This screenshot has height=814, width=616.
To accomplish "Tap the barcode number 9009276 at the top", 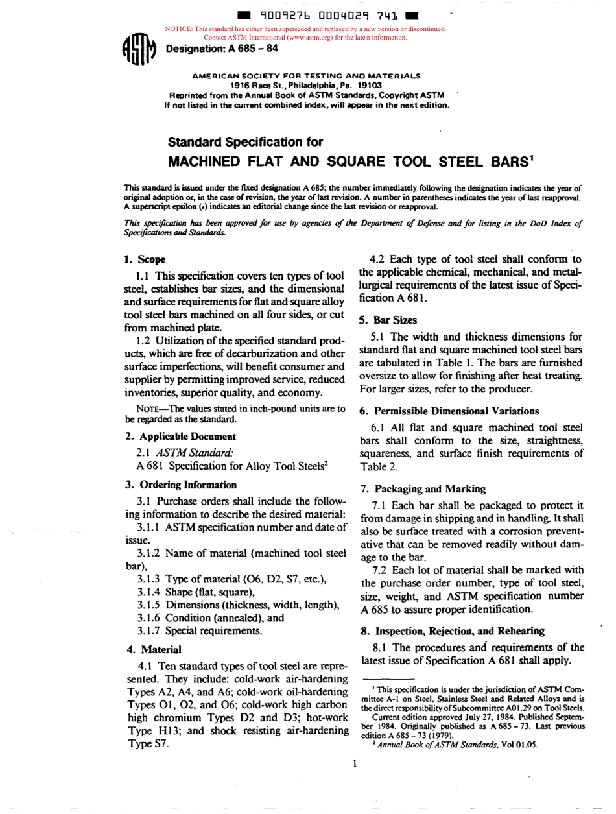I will coord(270,15).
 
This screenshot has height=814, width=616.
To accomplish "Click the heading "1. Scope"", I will coord(139,259).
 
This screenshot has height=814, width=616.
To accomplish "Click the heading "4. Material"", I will coord(152,649).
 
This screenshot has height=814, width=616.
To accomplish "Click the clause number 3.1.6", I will coord(150,618).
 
